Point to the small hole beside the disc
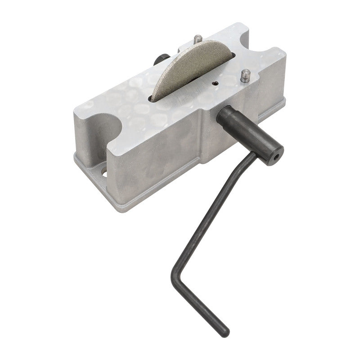[216, 83]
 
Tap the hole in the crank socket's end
[275, 157]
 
